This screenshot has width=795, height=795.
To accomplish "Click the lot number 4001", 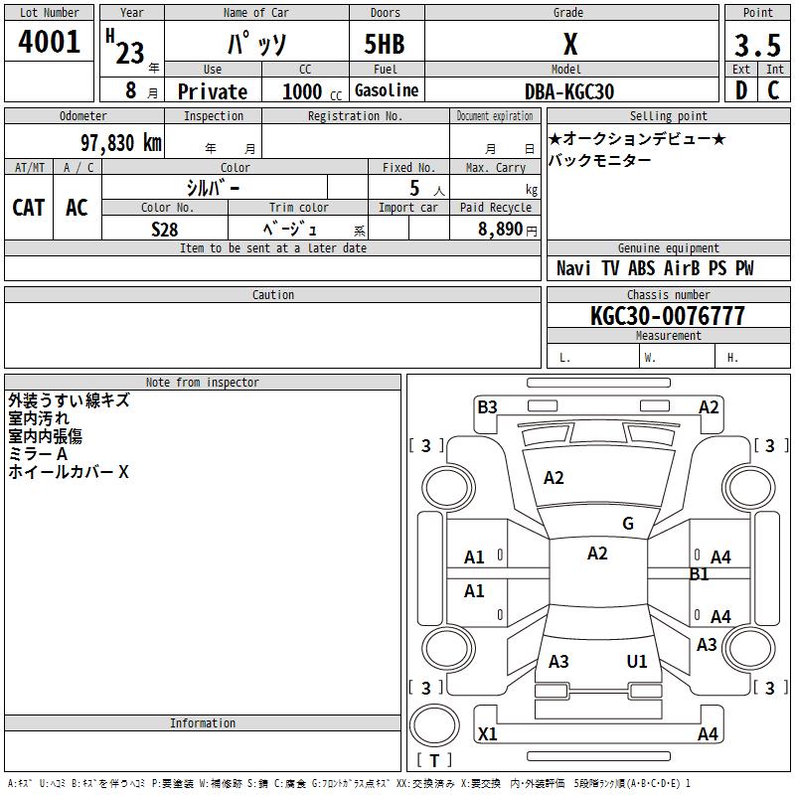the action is (x=49, y=42).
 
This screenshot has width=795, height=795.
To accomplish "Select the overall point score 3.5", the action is (x=757, y=45).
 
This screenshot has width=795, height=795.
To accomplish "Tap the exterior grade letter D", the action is (x=741, y=90).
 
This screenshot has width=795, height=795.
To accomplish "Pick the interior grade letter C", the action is (x=773, y=90).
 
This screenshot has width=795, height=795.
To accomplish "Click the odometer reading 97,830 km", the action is (x=120, y=143).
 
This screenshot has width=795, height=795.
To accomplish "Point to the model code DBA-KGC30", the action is (x=568, y=91).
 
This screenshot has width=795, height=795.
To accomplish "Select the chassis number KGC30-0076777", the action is (x=668, y=316).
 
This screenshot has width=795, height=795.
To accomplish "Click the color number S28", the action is (x=165, y=230).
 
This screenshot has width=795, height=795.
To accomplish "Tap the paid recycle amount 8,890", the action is (x=500, y=230).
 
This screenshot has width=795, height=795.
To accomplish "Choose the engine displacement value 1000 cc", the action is (x=311, y=91).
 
